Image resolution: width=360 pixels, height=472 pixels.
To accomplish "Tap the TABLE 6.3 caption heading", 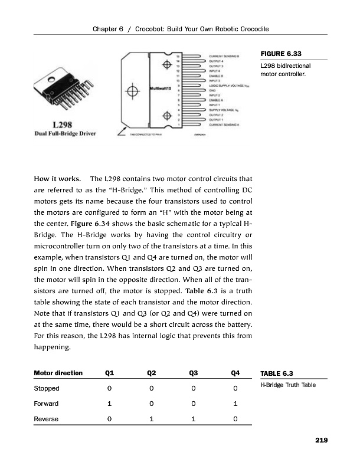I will tap(277, 373).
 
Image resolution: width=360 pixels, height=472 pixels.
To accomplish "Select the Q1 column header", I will tap(110, 373).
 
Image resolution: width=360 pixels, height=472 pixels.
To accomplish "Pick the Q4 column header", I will tap(235, 373).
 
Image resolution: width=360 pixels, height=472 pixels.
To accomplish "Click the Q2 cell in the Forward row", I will tap(151, 404).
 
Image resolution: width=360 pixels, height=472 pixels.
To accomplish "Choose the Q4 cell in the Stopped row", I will tap(235, 388).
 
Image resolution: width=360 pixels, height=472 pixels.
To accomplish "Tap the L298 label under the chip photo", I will tap(62, 125).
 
